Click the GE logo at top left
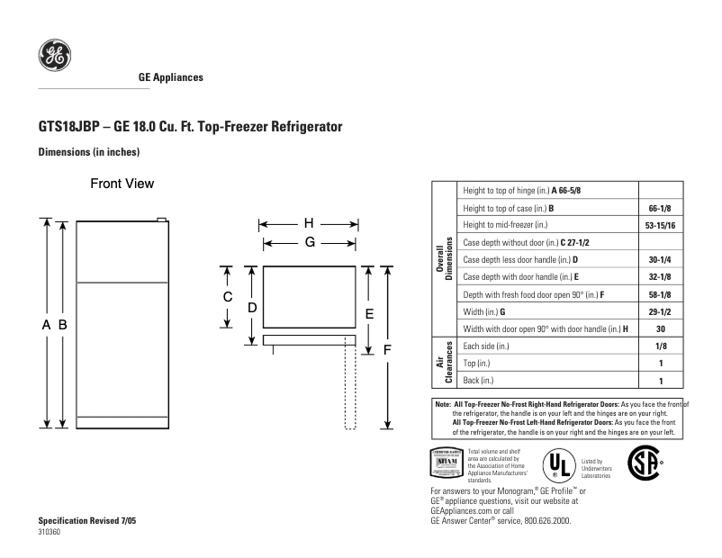(54, 56)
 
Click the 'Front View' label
(122, 184)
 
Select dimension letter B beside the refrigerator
(64, 324)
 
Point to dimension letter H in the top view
(308, 223)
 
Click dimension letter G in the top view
(309, 242)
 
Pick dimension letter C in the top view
(229, 296)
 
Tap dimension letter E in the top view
(368, 312)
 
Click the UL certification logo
(558, 464)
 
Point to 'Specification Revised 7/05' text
(87, 522)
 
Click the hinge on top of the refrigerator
(162, 219)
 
